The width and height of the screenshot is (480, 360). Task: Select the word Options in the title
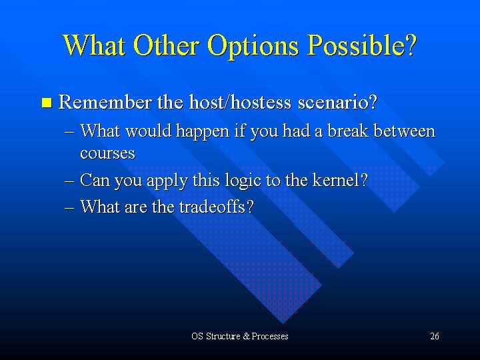253,47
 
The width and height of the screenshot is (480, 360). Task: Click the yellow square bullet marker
47,103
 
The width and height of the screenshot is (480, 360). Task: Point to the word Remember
105,102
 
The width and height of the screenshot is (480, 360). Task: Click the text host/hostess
240,102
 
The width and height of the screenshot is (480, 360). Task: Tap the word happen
203,132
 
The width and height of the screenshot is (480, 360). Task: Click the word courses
107,153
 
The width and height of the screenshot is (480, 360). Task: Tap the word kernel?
340,180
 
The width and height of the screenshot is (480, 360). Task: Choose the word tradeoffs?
217,206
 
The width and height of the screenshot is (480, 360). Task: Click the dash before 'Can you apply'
70,181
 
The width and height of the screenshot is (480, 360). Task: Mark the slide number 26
435,336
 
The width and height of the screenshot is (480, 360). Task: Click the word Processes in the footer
270,336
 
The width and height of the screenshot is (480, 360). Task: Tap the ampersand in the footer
247,336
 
